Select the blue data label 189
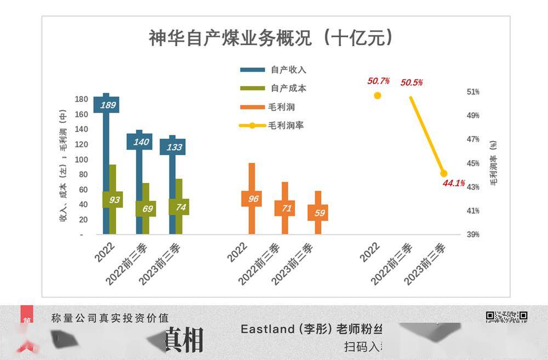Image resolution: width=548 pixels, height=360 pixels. click(107, 105)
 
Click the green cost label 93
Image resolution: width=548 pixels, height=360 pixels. click(114, 200)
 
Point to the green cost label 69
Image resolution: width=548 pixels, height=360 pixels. click(147, 208)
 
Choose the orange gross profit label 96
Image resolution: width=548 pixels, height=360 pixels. click(253, 199)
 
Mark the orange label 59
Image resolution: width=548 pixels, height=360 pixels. click(319, 213)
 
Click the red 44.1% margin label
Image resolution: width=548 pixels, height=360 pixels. click(454, 183)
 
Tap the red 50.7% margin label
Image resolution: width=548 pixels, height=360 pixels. click(378, 81)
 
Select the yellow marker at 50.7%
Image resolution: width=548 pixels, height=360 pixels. click(378, 95)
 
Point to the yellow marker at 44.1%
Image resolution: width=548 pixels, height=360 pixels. click(444, 174)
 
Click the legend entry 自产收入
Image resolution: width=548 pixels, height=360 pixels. click(288, 70)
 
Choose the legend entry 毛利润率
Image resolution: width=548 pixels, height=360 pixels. click(286, 125)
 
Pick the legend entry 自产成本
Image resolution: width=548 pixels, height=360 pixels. click(288, 89)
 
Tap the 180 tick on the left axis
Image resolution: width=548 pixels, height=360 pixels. click(81, 99)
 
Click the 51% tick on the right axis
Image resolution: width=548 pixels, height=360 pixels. click(473, 92)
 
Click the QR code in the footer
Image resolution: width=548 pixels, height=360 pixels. click(506, 316)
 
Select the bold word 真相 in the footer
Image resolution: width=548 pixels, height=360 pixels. click(184, 340)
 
